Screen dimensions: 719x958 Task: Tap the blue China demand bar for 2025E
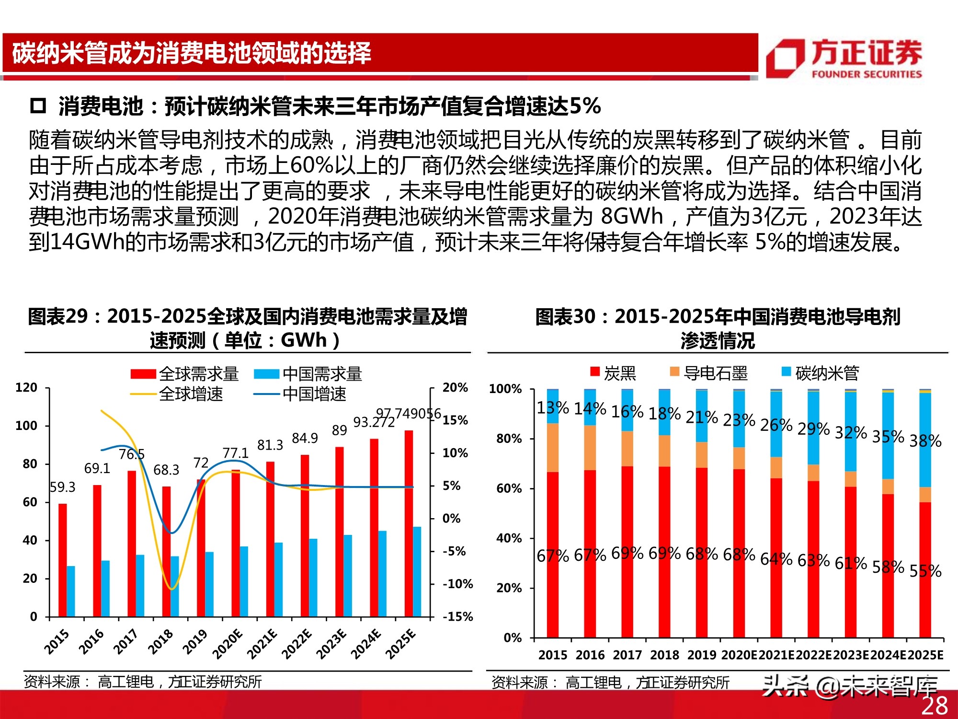point(417,571)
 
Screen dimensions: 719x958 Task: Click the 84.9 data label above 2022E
point(305,438)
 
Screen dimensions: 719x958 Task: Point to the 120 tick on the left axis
point(26,387)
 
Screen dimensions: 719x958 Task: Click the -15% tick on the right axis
point(457,616)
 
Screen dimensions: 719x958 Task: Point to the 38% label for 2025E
point(925,441)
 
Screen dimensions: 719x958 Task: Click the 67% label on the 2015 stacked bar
point(552,556)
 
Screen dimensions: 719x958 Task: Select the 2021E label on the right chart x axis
point(776,655)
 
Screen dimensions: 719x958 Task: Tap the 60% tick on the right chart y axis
point(509,488)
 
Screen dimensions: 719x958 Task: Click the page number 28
point(934,706)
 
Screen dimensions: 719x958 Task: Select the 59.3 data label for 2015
point(63,487)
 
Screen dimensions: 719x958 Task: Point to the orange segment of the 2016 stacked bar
point(590,448)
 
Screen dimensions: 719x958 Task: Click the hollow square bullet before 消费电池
point(38,105)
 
